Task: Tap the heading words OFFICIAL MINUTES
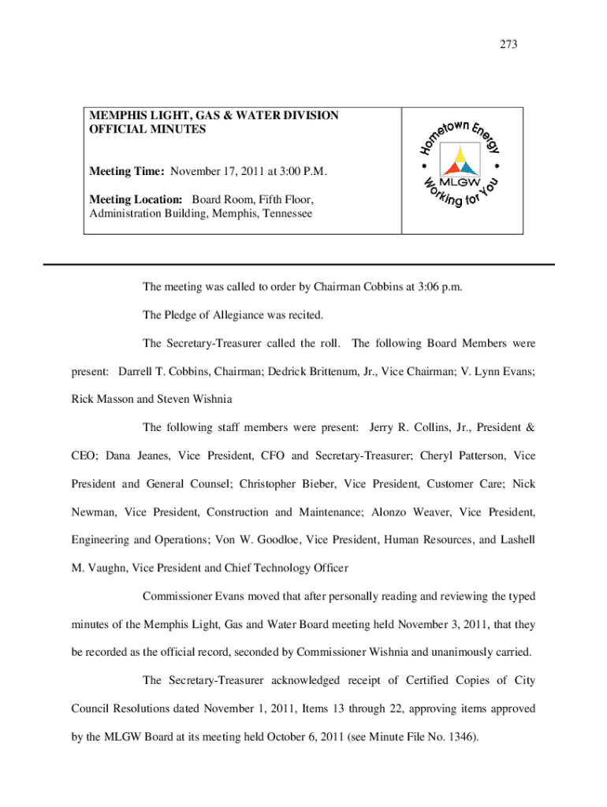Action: (x=147, y=129)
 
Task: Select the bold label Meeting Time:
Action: (x=127, y=171)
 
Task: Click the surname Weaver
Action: (x=421, y=512)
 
